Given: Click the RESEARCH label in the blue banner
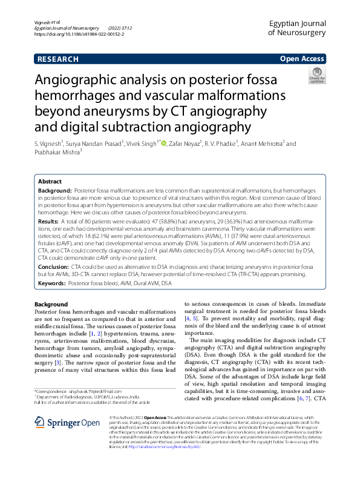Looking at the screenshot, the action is click(58, 59).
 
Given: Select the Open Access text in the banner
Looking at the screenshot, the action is click(301, 59).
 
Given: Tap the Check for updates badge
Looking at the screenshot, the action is click(316, 76).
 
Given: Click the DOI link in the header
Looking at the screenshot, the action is click(80, 35).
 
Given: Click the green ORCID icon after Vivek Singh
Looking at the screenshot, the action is click(163, 144).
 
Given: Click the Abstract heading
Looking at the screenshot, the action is click(50, 182).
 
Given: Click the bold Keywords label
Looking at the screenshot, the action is click(52, 283).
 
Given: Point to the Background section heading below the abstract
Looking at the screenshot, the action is click(51, 304).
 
